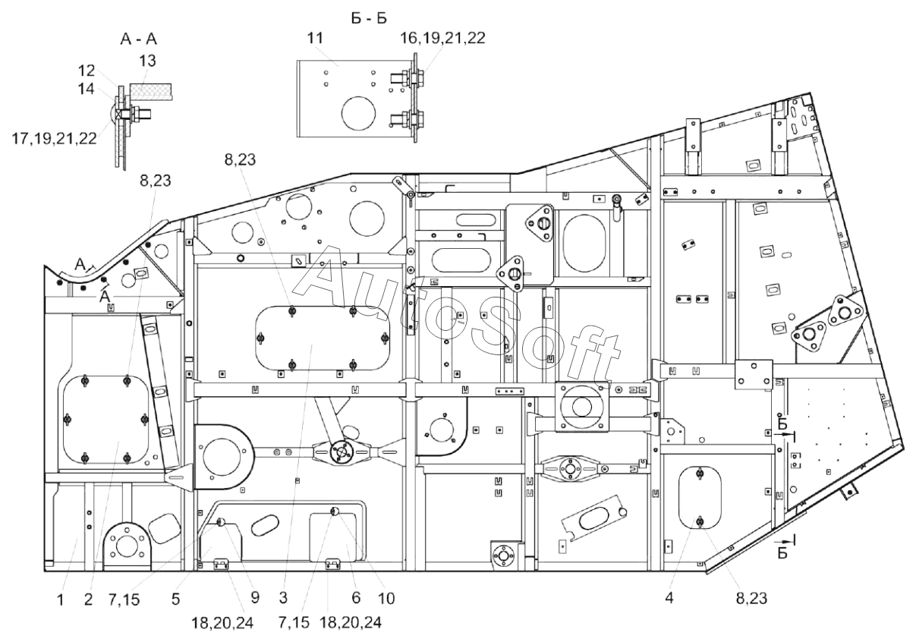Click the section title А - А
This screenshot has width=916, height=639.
tap(139, 39)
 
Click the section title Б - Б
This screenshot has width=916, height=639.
tap(369, 18)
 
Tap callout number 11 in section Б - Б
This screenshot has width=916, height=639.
tap(315, 38)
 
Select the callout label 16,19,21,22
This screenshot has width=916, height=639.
tap(442, 38)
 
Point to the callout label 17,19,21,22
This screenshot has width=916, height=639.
tap(54, 139)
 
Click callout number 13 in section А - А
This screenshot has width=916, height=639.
tap(148, 61)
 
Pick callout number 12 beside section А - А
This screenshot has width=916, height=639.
tap(87, 71)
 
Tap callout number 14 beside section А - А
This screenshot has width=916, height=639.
tap(86, 89)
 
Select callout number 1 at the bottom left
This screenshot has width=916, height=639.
tap(61, 600)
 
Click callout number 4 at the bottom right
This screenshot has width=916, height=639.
tap(669, 598)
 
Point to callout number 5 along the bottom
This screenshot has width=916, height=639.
tap(175, 600)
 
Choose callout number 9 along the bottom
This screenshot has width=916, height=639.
tap(255, 598)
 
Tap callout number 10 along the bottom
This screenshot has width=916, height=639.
tap(386, 599)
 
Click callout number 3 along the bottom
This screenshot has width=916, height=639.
tap(283, 598)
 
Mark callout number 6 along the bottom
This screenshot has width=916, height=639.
tap(356, 598)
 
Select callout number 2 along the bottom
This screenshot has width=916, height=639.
tap(88, 600)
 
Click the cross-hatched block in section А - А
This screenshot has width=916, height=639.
tap(151, 91)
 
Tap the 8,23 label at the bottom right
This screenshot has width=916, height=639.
tap(751, 599)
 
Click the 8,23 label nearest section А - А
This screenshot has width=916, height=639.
tap(156, 181)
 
